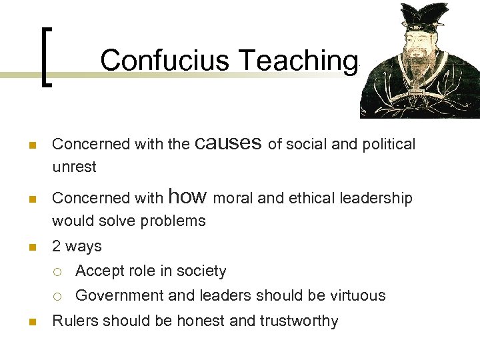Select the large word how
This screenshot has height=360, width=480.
[189, 196]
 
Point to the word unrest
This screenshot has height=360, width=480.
[74, 167]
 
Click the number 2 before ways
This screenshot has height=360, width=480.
[57, 246]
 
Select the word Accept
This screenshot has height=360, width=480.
[99, 271]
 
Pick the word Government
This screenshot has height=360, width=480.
[119, 295]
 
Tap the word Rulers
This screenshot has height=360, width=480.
[73, 321]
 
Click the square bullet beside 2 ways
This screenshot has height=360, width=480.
[33, 247]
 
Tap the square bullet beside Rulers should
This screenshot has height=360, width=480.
[33, 322]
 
